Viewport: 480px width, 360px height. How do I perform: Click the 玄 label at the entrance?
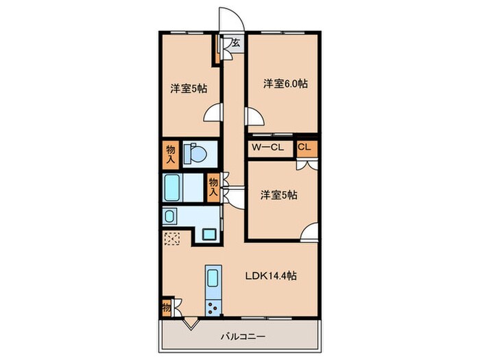[x=235, y=43]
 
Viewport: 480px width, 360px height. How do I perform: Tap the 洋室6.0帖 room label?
[x=285, y=84]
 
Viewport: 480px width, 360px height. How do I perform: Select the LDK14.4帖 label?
[x=272, y=276]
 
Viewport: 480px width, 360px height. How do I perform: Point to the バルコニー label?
[x=242, y=336]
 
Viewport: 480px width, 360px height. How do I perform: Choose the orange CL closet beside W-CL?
[x=306, y=147]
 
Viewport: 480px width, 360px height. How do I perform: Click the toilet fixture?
[x=197, y=154]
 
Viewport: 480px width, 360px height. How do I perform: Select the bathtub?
[x=173, y=187]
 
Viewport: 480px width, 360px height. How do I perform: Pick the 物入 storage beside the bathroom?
[x=213, y=187]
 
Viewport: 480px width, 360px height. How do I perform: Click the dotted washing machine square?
[x=173, y=238]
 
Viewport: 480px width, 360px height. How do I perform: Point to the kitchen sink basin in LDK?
[x=213, y=278]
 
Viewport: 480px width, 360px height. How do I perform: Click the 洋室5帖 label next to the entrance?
[x=189, y=88]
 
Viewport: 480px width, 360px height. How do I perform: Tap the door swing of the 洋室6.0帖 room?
[x=254, y=116]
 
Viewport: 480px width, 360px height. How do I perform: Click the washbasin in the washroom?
[x=169, y=217]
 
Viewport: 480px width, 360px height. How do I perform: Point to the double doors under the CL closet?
[x=306, y=165]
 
